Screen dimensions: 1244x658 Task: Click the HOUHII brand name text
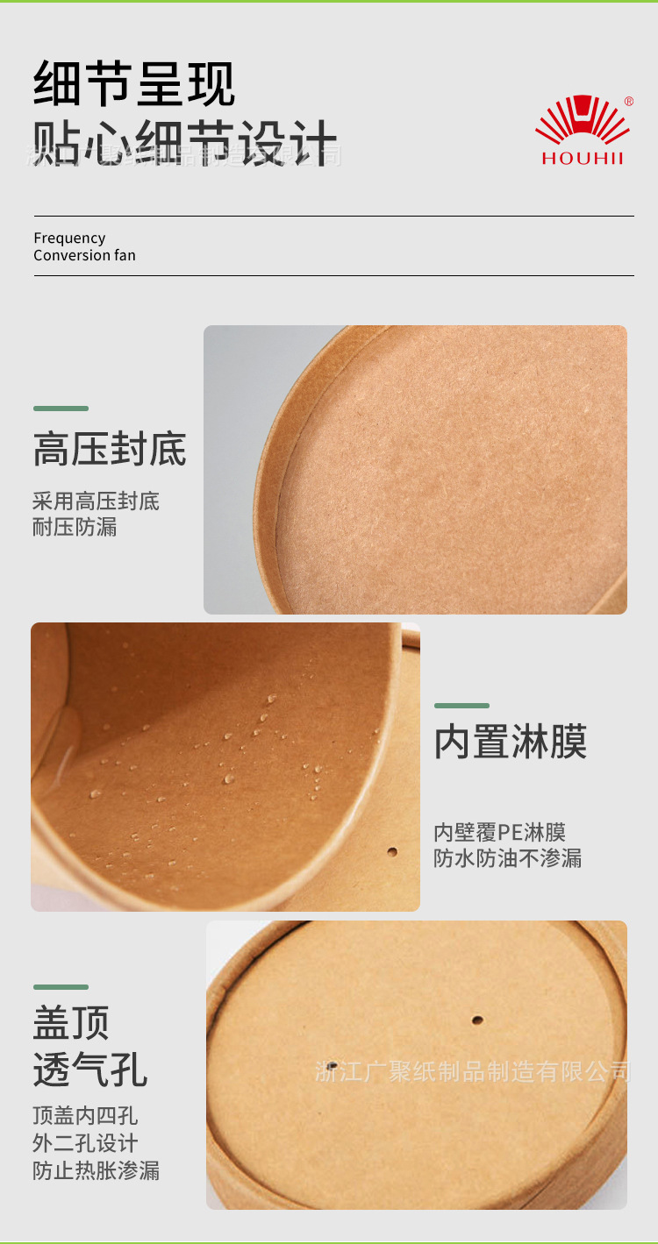pyautogui.click(x=582, y=159)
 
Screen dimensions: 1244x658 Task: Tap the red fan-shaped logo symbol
pyautogui.click(x=583, y=121)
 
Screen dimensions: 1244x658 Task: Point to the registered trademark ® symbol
pyautogui.click(x=628, y=102)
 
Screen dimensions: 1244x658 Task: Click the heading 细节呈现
pyautogui.click(x=134, y=84)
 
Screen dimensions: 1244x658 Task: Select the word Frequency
pyautogui.click(x=69, y=238)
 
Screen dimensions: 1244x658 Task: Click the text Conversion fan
pyautogui.click(x=84, y=256)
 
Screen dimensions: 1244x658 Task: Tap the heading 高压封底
pyautogui.click(x=110, y=449)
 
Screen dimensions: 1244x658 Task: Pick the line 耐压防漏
pyautogui.click(x=75, y=527)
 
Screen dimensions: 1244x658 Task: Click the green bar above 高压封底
pyautogui.click(x=61, y=409)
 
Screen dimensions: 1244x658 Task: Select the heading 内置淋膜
pyautogui.click(x=511, y=742)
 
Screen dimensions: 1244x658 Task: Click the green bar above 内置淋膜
pyautogui.click(x=461, y=706)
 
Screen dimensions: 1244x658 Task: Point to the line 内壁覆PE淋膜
pyautogui.click(x=499, y=832)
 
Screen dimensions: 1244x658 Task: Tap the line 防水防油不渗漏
pyautogui.click(x=507, y=858)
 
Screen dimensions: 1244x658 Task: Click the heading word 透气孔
pyautogui.click(x=89, y=1070)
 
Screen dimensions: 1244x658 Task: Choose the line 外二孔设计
pyautogui.click(x=85, y=1143)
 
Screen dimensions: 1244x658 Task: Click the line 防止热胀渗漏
pyautogui.click(x=96, y=1170)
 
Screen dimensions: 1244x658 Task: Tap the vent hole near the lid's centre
pyautogui.click(x=477, y=1020)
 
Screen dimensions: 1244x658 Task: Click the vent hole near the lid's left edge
pyautogui.click(x=332, y=1066)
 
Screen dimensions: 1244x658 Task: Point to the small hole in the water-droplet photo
pyautogui.click(x=392, y=851)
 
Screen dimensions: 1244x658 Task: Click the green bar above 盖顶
pyautogui.click(x=61, y=987)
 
